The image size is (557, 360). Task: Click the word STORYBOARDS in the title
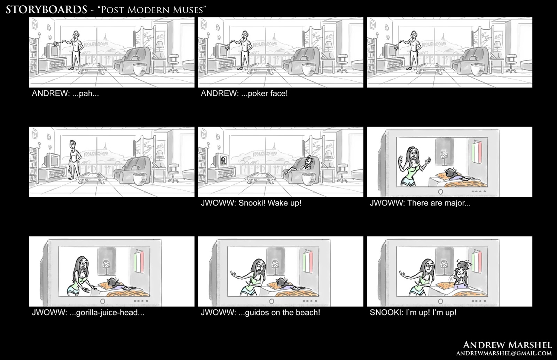click(x=47, y=10)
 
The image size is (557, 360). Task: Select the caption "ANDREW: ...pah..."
click(x=65, y=94)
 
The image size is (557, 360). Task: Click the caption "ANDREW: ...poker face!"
click(x=244, y=94)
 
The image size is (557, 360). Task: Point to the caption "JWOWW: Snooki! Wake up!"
click(x=251, y=203)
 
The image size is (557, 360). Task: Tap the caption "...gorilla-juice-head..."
click(x=110, y=313)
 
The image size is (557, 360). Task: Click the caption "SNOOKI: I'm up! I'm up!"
click(x=413, y=313)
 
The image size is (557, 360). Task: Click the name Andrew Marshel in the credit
click(x=507, y=345)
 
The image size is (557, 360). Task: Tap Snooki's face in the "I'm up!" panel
click(x=461, y=276)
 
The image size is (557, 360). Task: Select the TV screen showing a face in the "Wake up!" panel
click(x=223, y=160)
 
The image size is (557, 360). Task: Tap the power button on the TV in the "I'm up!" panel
click(x=440, y=301)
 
